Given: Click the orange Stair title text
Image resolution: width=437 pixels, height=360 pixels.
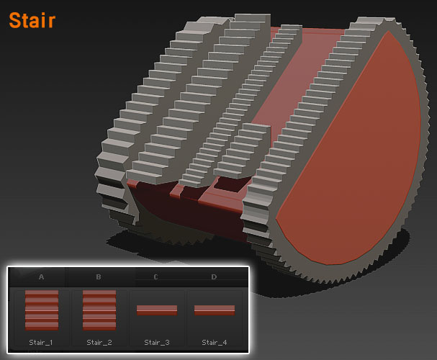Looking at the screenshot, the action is pos(32,20).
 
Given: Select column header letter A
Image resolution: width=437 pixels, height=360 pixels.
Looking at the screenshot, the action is pos(41,277).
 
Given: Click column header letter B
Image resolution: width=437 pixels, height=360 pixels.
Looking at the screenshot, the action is pos(99,277).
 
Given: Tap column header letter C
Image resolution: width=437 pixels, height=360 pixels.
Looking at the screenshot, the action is pos(156,277).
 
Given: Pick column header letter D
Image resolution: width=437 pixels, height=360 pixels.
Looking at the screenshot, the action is pos(214,277).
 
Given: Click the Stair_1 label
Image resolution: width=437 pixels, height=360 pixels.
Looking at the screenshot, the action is pos(41,343).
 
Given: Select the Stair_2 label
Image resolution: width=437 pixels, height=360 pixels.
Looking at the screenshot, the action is pos(99,343).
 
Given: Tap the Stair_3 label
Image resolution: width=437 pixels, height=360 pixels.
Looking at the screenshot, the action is pos(157,343).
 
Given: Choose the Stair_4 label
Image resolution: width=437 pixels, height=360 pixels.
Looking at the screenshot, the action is pos(215,343).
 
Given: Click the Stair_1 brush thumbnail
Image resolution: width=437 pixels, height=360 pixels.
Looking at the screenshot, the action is pos(42,310).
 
